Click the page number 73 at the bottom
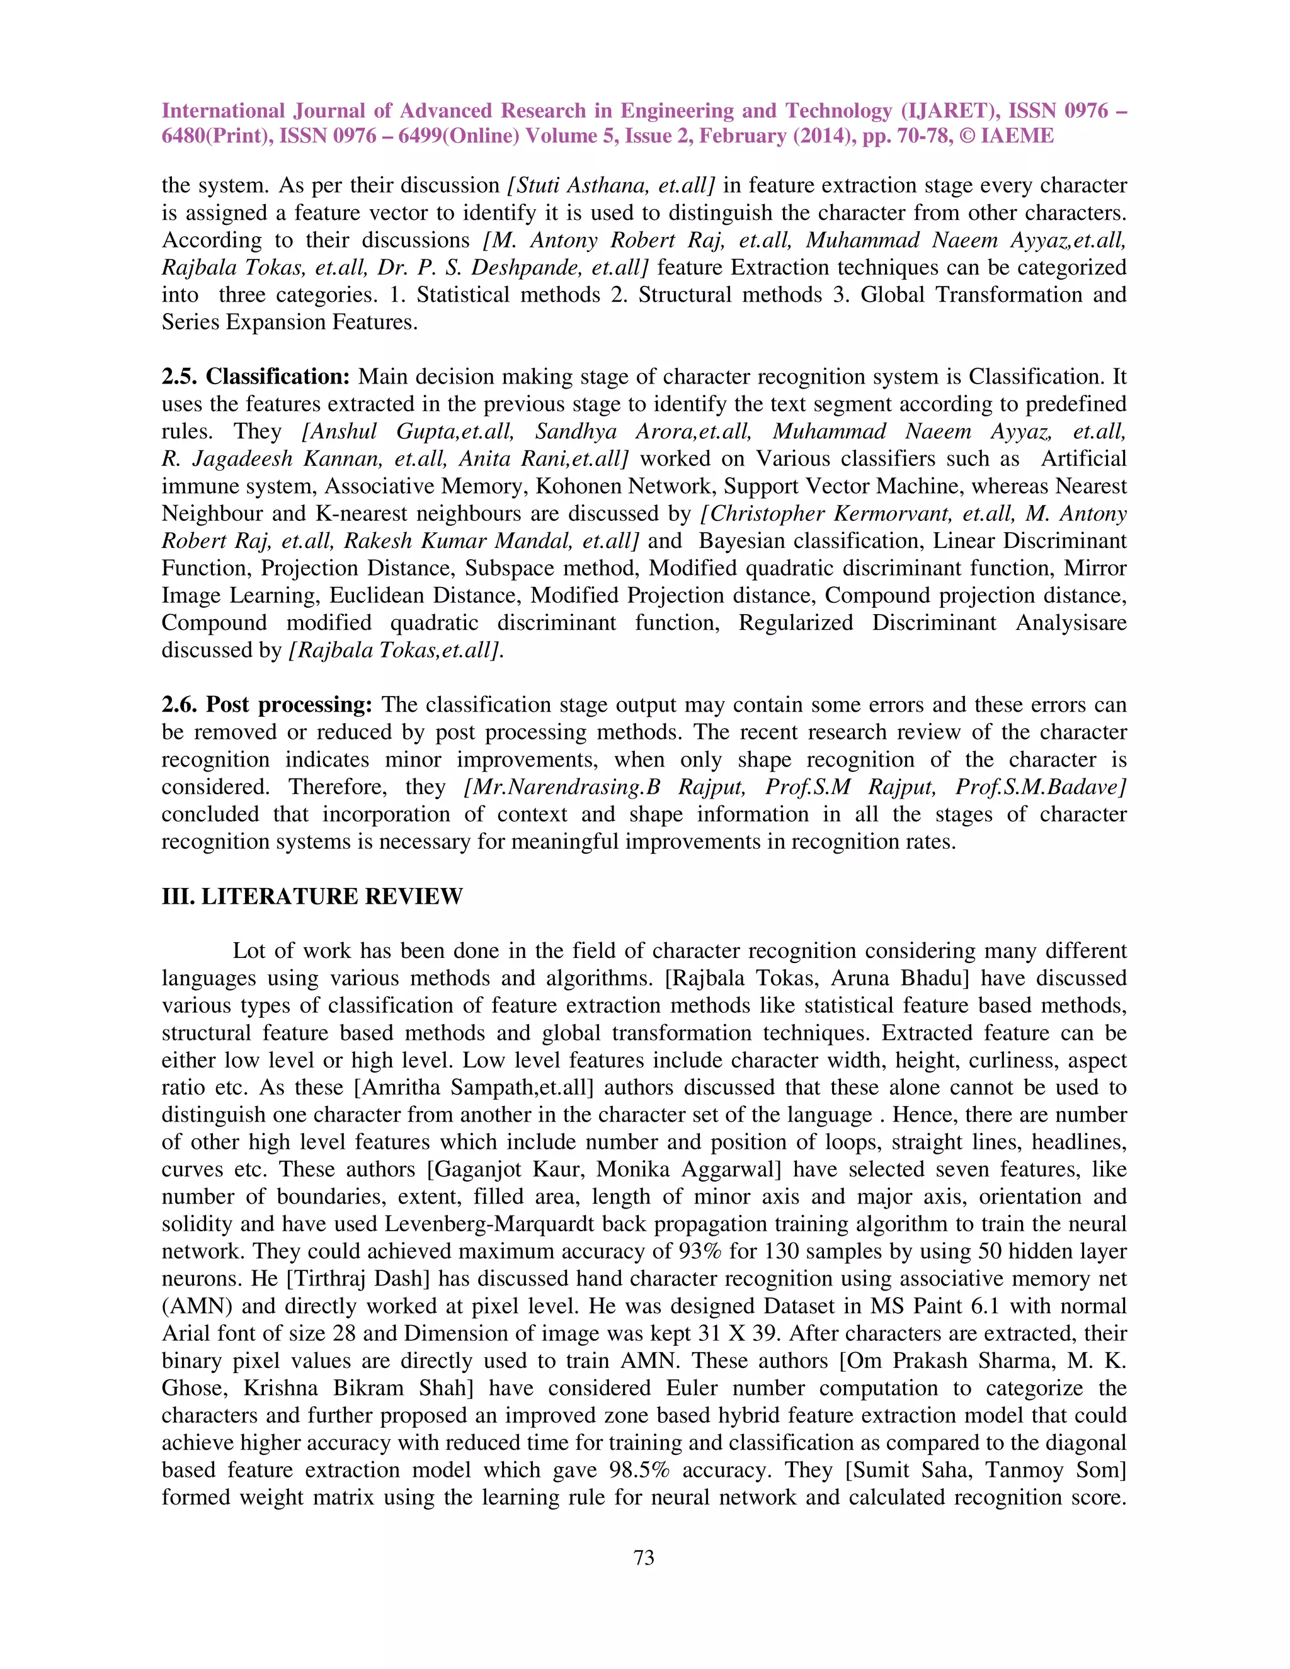(x=644, y=1558)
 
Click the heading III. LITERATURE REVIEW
(x=312, y=896)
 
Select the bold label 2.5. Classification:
(x=256, y=377)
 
